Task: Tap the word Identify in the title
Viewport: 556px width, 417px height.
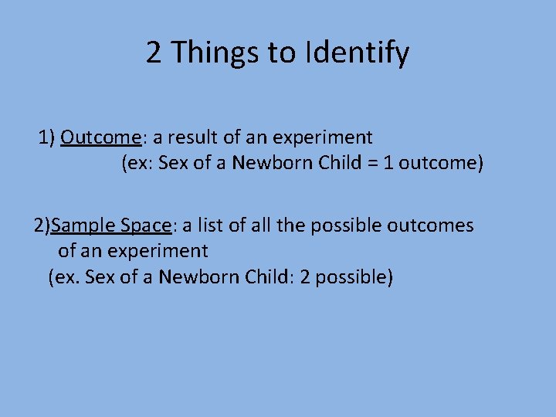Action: (x=358, y=53)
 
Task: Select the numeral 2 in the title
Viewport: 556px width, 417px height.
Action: (x=154, y=53)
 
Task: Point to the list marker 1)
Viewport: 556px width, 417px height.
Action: (x=47, y=137)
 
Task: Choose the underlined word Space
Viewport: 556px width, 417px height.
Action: (x=146, y=225)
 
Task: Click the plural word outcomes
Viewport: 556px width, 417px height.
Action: (x=430, y=225)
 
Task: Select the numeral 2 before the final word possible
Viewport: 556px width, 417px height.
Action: (x=305, y=276)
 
